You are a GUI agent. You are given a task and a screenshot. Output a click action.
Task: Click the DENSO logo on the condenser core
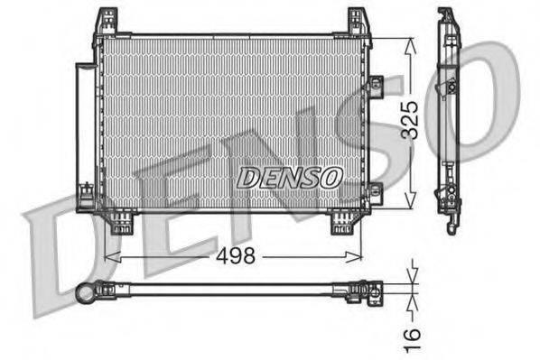(x=289, y=178)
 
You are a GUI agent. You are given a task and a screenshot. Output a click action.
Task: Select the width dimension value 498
(x=237, y=256)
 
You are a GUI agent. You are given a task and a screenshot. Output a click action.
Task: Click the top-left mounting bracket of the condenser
(x=107, y=22)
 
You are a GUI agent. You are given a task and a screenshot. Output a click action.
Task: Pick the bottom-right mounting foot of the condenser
(x=343, y=221)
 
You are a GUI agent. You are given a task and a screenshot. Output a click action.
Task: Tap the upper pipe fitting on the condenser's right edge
(x=374, y=86)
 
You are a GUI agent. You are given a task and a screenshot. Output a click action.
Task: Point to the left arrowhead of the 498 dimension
(x=110, y=256)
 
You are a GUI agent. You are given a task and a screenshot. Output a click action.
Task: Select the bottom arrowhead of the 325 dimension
(x=412, y=204)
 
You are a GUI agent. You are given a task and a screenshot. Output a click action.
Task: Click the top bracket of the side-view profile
(x=447, y=18)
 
